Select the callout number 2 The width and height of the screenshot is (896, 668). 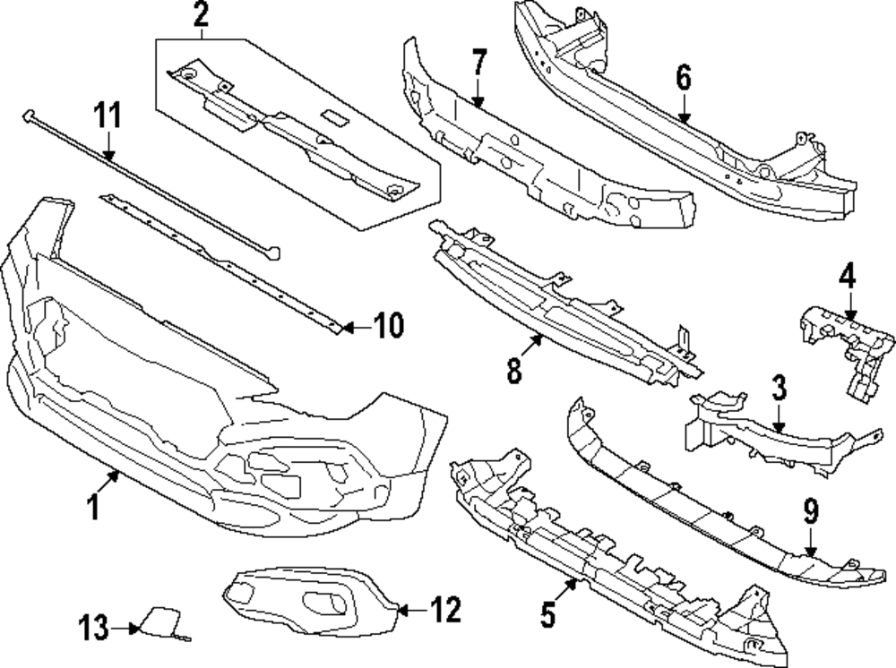coord(200,14)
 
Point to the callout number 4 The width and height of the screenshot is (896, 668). coord(848,275)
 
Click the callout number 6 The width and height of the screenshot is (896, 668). coord(684,77)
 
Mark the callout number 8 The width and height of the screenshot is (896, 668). coord(513,371)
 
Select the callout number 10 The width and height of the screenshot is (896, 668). coord(388,326)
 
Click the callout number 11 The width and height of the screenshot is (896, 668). coord(108,116)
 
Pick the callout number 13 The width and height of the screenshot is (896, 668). coord(94,627)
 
